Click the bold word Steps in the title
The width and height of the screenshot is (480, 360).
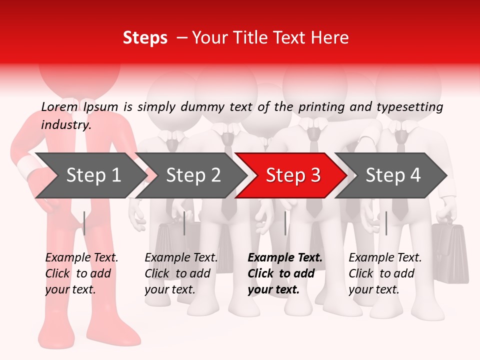point(145,38)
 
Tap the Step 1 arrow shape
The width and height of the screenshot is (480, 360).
point(90,175)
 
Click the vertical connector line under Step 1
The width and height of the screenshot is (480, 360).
point(84,223)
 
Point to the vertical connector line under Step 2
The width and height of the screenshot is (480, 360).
point(184,223)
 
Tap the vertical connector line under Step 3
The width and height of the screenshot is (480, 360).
point(285,223)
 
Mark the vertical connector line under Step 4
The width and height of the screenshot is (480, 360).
point(386,223)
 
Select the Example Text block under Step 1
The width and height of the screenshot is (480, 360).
point(81,273)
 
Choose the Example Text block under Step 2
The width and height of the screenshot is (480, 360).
point(181,273)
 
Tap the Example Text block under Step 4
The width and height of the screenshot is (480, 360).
point(385,273)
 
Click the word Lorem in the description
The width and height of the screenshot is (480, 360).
point(59,106)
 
